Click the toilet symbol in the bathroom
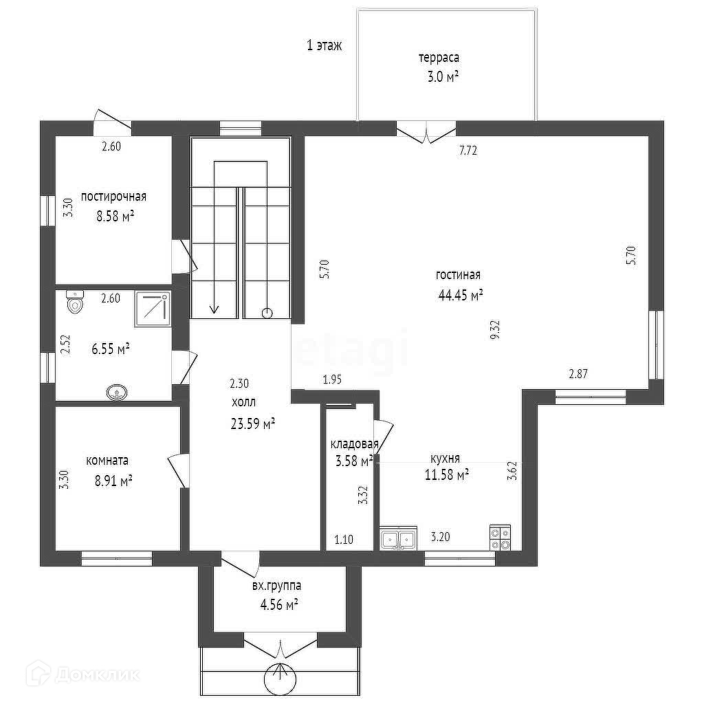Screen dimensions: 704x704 (75, 301)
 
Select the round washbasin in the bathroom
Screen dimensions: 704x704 (118, 393)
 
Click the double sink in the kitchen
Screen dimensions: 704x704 (399, 538)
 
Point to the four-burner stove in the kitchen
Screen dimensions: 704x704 (500, 538)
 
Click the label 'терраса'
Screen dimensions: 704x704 (439, 58)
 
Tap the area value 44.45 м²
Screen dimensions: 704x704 (460, 295)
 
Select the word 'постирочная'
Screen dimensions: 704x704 (113, 197)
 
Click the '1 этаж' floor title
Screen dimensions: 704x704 (324, 45)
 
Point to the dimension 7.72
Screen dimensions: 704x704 (467, 151)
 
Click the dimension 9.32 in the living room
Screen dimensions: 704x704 (496, 329)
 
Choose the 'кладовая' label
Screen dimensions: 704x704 (354, 444)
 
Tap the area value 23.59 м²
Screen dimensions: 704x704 (252, 423)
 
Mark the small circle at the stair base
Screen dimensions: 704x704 (267, 312)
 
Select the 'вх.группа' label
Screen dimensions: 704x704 (276, 586)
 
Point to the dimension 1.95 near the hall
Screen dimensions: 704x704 (332, 379)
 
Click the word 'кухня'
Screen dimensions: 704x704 (445, 459)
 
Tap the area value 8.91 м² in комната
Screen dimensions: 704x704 (113, 481)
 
